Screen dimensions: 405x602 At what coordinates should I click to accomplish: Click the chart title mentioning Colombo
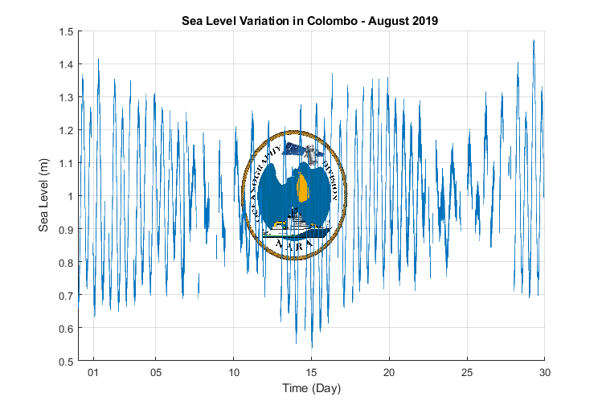tap(309, 22)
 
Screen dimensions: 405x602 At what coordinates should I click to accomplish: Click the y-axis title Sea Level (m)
tap(46, 195)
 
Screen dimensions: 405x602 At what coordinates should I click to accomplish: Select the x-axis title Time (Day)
tap(311, 389)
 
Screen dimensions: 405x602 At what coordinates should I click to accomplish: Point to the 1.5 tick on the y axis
tap(65, 31)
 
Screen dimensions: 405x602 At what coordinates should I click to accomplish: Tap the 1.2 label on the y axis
tap(65, 130)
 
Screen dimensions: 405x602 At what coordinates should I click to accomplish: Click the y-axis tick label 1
tap(70, 196)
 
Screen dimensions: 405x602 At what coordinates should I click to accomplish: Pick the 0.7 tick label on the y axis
tap(65, 295)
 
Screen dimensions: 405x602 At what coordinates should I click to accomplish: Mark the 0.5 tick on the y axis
tap(65, 361)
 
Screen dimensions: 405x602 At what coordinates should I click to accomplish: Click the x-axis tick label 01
tap(94, 373)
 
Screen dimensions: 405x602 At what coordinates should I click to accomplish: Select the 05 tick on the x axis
tap(156, 373)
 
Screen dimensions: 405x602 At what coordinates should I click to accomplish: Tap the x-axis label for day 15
tap(311, 373)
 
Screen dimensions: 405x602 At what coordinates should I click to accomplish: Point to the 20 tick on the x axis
tap(389, 373)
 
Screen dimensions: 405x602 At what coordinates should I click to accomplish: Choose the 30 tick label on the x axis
tap(544, 373)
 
